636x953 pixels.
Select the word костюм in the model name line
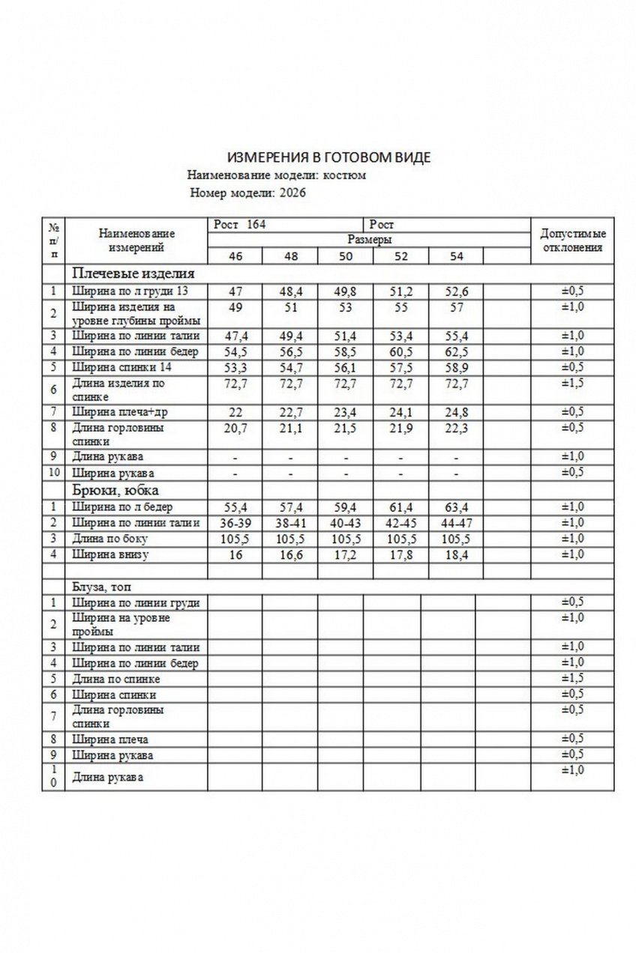coord(349,175)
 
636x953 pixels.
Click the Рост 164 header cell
coord(240,224)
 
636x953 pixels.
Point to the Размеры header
coord(369,240)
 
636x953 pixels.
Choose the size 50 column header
coord(346,256)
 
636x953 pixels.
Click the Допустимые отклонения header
coord(571,240)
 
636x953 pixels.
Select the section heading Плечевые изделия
coord(133,273)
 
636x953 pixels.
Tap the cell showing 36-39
coord(235,522)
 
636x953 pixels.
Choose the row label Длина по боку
coord(109,539)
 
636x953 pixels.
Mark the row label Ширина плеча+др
coord(119,411)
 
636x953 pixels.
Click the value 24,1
coord(401,411)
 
